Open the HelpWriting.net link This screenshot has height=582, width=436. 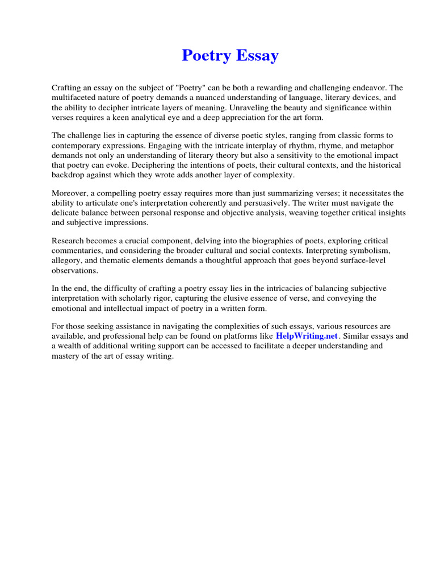click(307, 336)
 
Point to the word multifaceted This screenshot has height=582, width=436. click(75, 98)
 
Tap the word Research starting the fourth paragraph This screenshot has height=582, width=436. click(69, 242)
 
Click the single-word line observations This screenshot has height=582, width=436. click(75, 271)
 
